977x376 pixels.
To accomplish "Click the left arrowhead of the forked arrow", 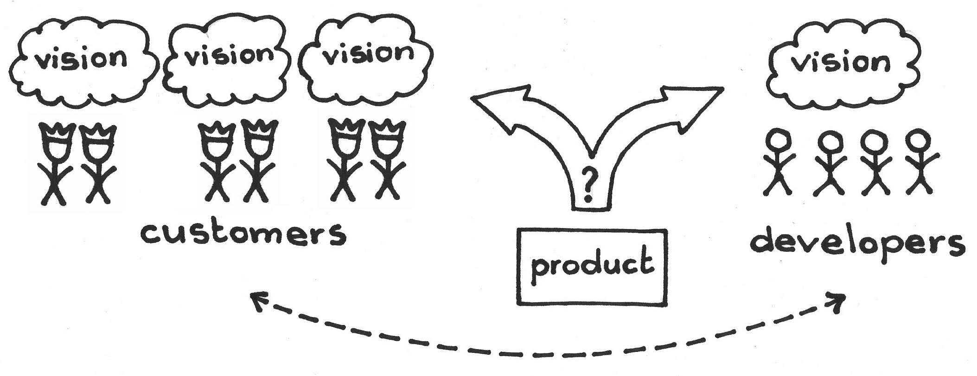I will tap(501, 107).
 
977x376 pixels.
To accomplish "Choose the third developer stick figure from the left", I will tap(874, 167).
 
